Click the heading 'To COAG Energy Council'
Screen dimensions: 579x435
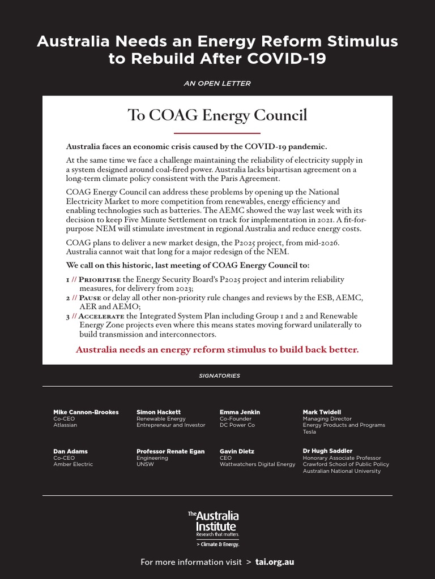click(x=217, y=115)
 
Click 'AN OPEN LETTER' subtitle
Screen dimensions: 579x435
click(x=217, y=84)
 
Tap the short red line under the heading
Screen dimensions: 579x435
click(x=217, y=133)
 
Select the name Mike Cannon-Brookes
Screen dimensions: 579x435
click(x=86, y=412)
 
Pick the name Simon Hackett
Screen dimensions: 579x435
click(x=159, y=412)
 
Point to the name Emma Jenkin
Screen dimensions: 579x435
click(x=240, y=412)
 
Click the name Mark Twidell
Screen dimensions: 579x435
click(x=322, y=412)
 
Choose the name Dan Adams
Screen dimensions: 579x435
click(x=70, y=451)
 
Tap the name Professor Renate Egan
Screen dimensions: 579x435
click(x=170, y=451)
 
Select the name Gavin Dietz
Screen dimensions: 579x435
click(x=237, y=451)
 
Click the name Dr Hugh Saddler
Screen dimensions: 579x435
click(x=327, y=451)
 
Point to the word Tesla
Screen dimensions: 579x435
click(x=309, y=432)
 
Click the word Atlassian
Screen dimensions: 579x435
click(x=65, y=425)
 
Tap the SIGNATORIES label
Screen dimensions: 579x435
click(x=219, y=375)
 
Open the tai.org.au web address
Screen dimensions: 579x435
click(x=275, y=562)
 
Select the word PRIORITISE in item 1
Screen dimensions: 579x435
click(x=100, y=280)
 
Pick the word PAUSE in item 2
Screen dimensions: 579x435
click(x=89, y=298)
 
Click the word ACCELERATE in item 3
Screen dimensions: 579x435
click(x=101, y=316)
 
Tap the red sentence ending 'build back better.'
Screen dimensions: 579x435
click(x=217, y=349)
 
